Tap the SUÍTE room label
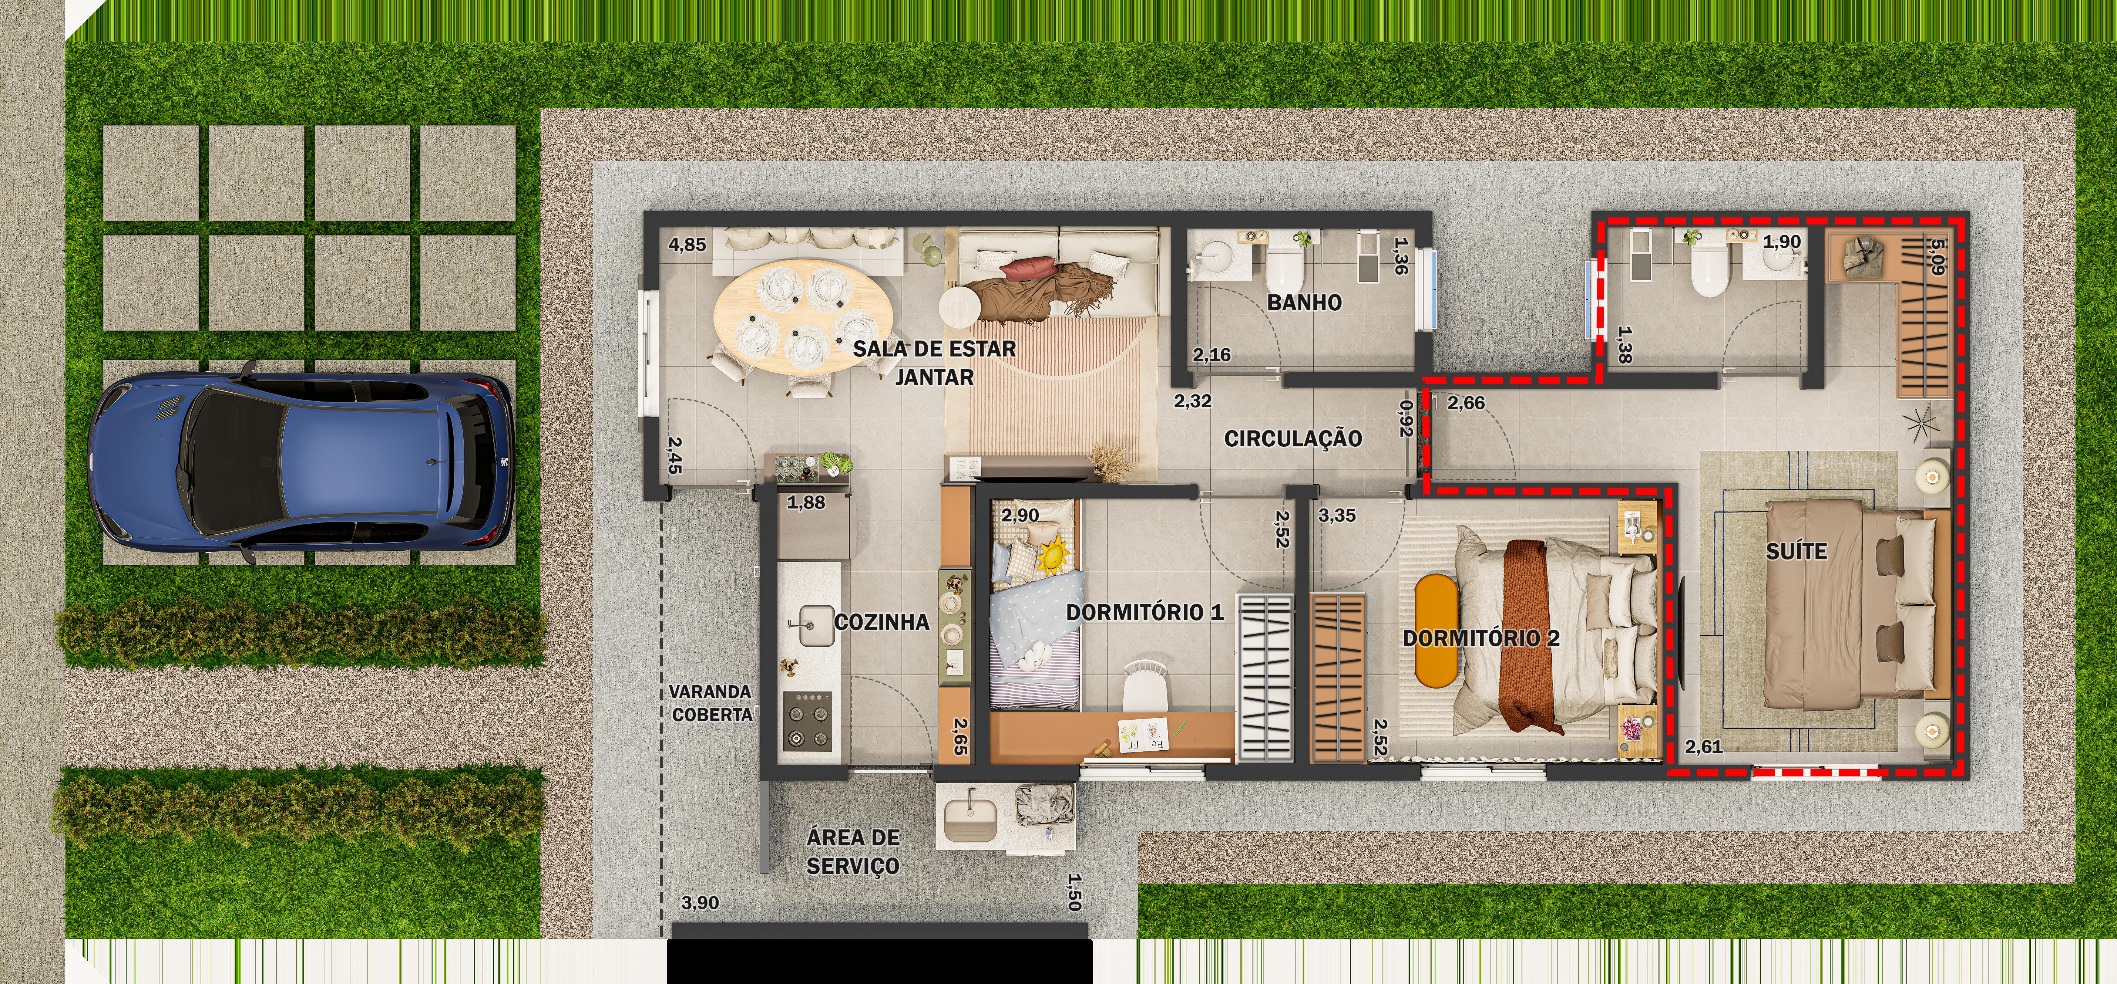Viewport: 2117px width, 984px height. point(1797,552)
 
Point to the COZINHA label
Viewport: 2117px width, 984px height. point(882,622)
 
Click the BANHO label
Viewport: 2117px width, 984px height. point(1304,302)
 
